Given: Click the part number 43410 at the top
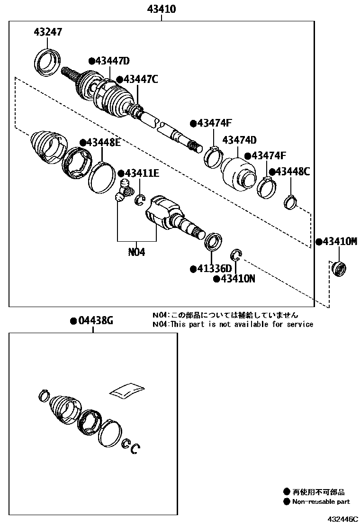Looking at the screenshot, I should point(162,9).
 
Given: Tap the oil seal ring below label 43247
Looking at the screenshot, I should point(49,62).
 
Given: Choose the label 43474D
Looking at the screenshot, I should point(239,140).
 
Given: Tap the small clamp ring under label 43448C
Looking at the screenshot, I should point(290,202).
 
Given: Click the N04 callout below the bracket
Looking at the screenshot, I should point(136,252).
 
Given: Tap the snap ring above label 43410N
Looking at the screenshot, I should point(236,255).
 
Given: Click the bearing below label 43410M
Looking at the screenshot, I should point(337,269).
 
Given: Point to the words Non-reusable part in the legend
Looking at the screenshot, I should point(321,501).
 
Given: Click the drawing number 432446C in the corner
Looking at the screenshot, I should point(342,519).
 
